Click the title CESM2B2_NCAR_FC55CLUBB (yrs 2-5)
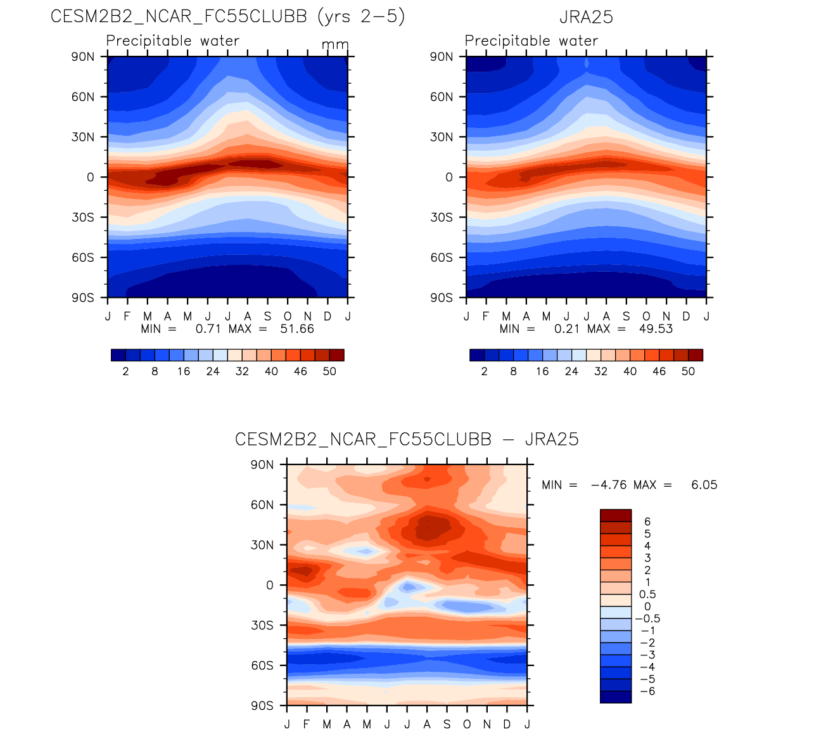coord(227,16)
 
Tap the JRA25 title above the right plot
coord(586,17)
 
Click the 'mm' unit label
coord(335,45)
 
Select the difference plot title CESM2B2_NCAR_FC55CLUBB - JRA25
coord(407,439)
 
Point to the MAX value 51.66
coord(297,329)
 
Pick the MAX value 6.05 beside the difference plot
coord(704,485)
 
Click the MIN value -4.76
coord(608,485)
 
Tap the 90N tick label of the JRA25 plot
coord(442,56)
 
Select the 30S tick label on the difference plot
coord(262,626)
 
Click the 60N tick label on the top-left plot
coord(83,97)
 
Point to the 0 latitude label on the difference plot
coord(270,585)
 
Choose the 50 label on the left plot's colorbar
coord(329,371)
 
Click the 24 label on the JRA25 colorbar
coord(571,371)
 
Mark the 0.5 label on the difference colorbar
coord(647,594)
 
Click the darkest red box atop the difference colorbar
coord(616,515)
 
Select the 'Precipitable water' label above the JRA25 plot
coord(531,41)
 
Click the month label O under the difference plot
coord(467,724)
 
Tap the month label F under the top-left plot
coord(127,316)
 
